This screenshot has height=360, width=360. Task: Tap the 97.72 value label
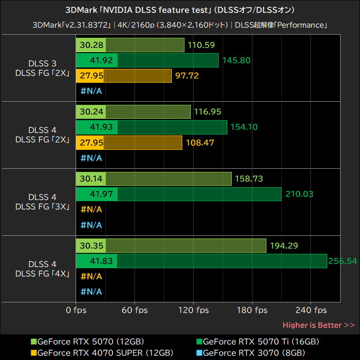click(x=187, y=76)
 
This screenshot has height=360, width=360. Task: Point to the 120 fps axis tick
click(x=193, y=310)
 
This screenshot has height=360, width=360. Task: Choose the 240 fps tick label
click(x=311, y=310)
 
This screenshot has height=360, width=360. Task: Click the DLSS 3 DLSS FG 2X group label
click(x=42, y=68)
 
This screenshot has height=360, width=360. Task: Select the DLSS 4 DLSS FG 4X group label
click(x=42, y=269)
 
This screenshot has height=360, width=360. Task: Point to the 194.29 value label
click(x=284, y=246)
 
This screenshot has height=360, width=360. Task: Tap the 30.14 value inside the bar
click(x=91, y=179)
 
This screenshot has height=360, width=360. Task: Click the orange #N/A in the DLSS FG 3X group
click(x=91, y=209)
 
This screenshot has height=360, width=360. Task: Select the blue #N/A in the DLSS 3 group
click(x=91, y=91)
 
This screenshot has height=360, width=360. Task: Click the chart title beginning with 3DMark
click(x=180, y=10)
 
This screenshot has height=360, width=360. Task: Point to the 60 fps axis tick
click(x=135, y=310)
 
